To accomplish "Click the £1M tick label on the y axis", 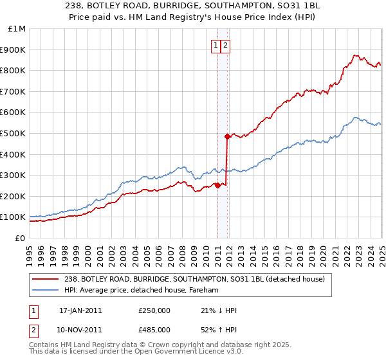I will coord(17,29).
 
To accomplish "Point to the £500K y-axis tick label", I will coord(14,134).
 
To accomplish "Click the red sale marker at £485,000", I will coord(227,136).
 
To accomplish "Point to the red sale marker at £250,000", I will coord(217,186).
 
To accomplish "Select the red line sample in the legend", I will coord(46,279).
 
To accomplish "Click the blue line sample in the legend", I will coord(46,290).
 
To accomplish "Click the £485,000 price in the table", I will coord(154,329).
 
